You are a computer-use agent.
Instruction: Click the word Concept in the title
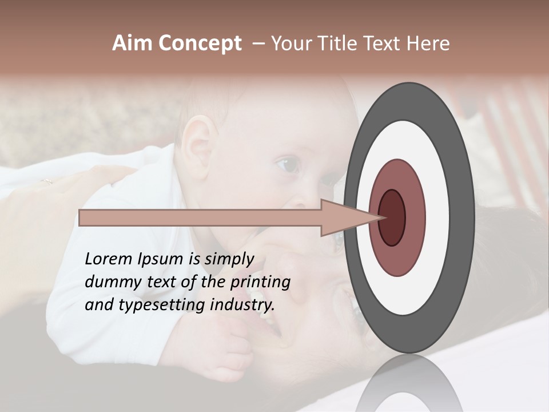[x=200, y=43]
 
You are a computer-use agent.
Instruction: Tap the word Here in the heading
[x=428, y=43]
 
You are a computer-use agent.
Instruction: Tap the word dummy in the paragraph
[x=109, y=282]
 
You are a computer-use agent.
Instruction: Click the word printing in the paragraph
[x=260, y=282]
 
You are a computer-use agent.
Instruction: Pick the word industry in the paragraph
[x=242, y=304]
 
